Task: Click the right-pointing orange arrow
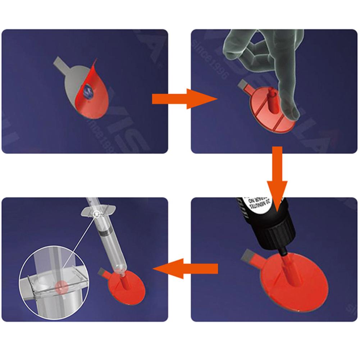click(x=182, y=99)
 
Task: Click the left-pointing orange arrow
click(x=187, y=268)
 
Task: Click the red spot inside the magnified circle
click(x=61, y=287)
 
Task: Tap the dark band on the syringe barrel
click(x=106, y=232)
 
